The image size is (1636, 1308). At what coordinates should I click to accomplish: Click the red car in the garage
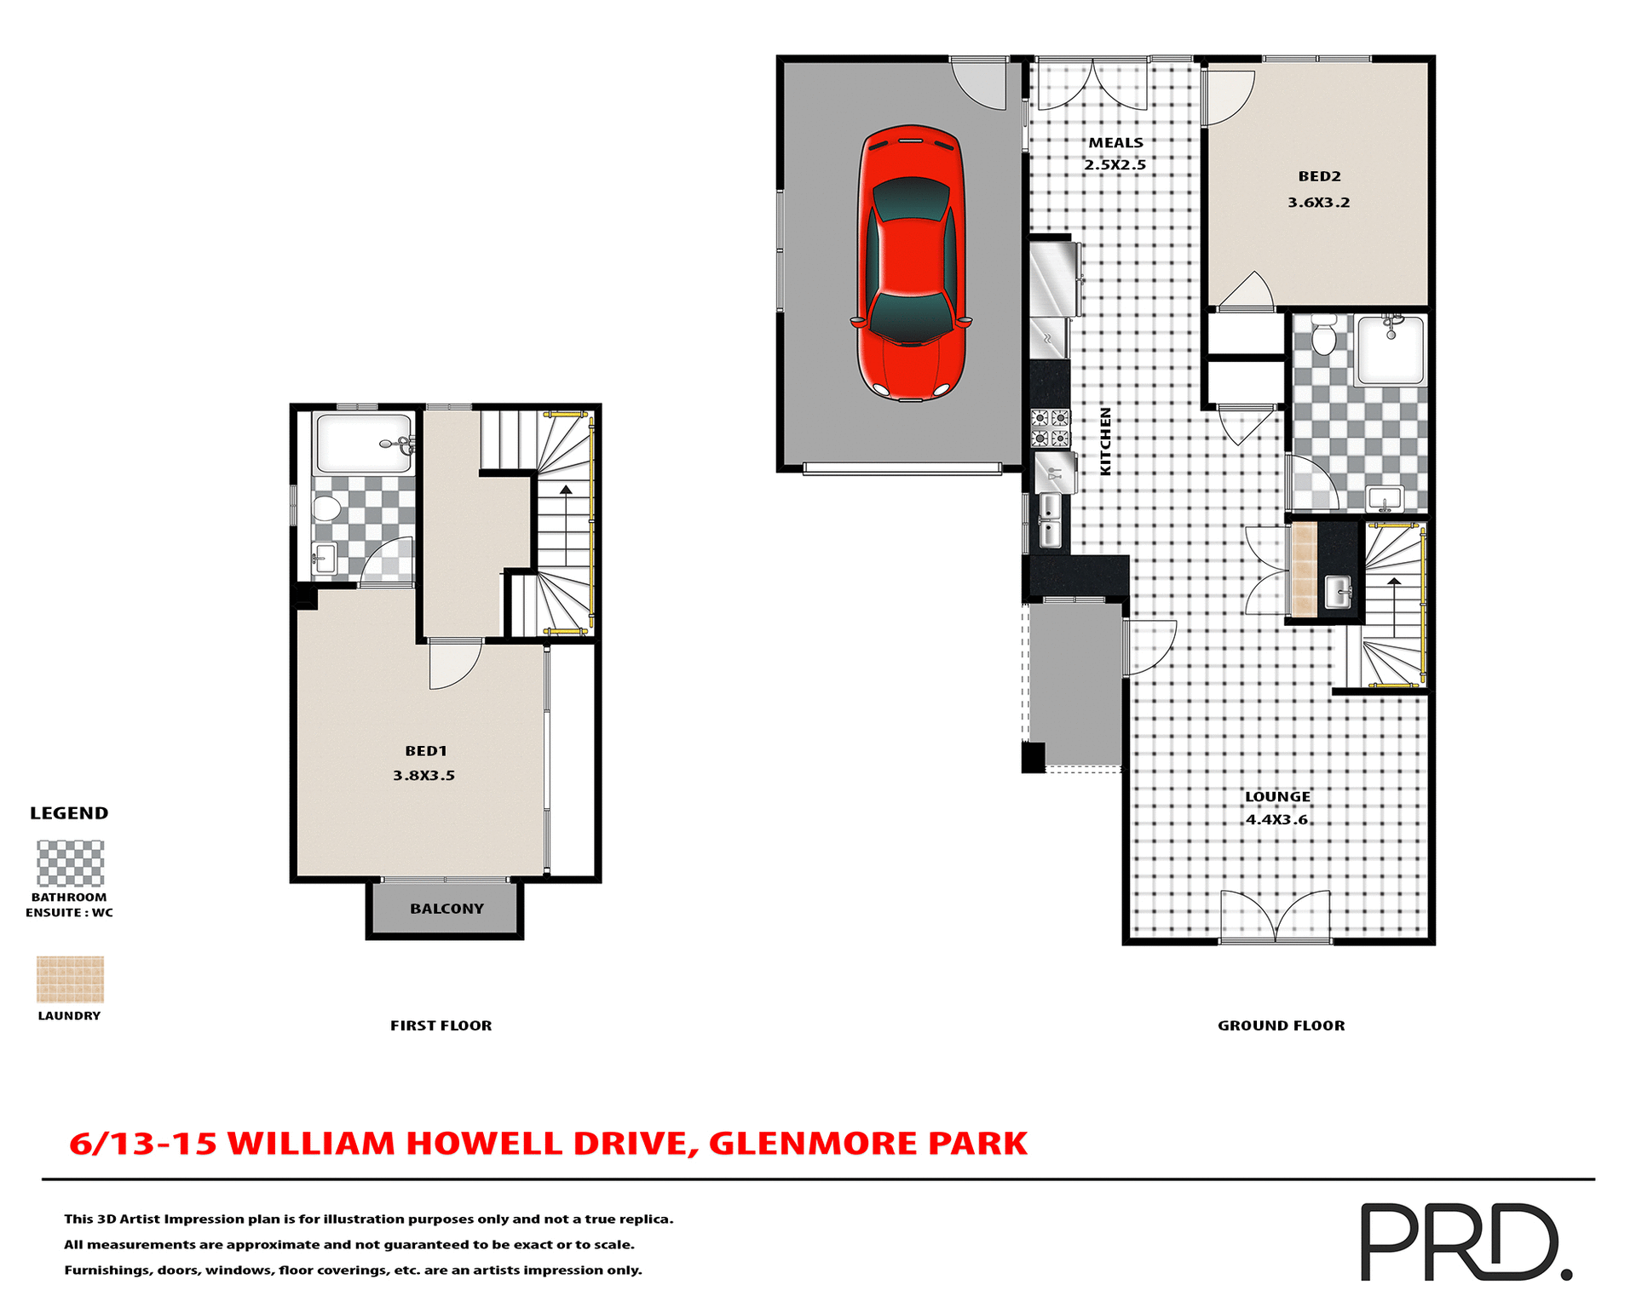click(911, 264)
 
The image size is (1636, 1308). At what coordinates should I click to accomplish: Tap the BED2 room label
click(1319, 176)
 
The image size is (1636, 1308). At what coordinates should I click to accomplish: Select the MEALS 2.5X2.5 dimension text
click(1115, 164)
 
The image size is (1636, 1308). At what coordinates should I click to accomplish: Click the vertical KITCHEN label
click(1105, 441)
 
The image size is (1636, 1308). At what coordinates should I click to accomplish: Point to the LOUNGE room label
click(1277, 796)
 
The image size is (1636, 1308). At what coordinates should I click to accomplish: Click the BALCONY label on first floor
click(446, 909)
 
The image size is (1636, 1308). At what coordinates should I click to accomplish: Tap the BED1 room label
click(425, 751)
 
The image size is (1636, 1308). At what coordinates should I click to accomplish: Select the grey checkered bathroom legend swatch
click(70, 863)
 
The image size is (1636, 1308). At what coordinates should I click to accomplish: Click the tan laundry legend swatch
click(70, 978)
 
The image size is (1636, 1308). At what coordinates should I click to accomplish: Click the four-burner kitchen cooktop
click(1050, 428)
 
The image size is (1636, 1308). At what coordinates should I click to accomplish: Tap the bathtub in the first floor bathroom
click(363, 443)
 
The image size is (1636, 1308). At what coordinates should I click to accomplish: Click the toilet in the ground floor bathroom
click(1323, 336)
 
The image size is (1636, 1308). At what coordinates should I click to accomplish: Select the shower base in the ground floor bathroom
click(1391, 350)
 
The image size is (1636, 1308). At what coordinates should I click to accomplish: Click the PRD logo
click(1466, 1242)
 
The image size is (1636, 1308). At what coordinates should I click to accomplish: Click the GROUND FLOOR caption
click(1281, 1025)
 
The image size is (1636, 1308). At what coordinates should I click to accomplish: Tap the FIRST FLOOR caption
click(441, 1025)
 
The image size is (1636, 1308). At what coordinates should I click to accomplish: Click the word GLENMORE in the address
click(813, 1143)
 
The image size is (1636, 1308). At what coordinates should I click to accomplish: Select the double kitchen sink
click(1050, 520)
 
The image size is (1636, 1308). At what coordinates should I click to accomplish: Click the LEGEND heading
click(69, 812)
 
